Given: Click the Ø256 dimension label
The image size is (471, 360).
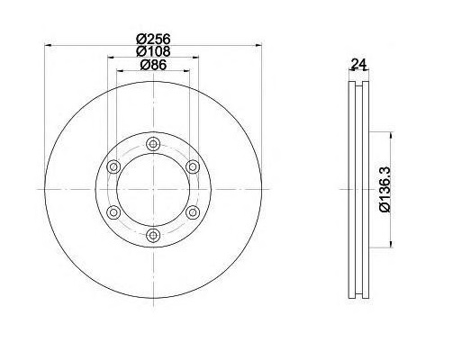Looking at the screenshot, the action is coord(153,39).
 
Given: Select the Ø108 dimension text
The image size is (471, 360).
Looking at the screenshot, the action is coord(153,51).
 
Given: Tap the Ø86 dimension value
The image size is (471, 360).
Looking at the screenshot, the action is coord(153,65).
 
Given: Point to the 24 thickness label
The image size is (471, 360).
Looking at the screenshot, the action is coord(359,64).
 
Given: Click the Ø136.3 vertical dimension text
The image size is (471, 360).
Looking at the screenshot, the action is coord(385,190).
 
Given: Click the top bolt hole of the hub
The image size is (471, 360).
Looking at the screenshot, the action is coord(153,144).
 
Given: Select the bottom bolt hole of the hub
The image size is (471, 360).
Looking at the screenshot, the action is coord(153,235).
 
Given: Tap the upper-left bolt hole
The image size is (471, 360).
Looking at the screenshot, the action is coord(113,166).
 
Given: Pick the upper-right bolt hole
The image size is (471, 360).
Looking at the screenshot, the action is coord(193,166).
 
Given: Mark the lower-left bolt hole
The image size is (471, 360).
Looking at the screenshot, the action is coord(113,212).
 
